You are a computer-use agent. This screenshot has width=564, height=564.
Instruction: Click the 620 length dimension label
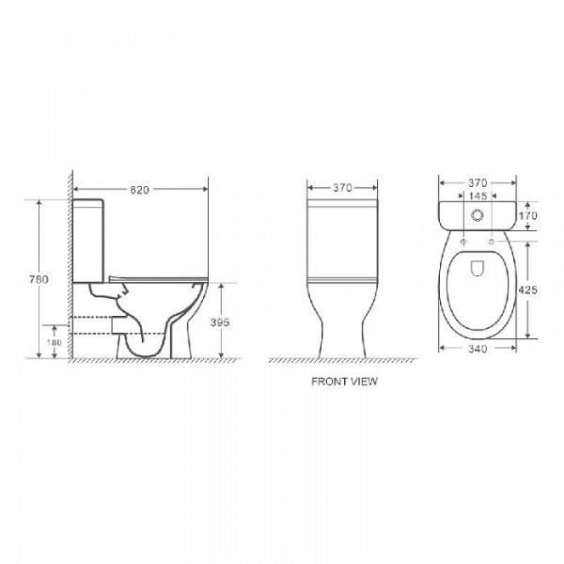click(x=139, y=190)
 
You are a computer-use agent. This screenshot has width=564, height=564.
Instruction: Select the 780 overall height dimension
click(x=39, y=279)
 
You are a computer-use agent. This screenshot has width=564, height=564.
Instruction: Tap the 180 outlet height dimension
click(x=54, y=342)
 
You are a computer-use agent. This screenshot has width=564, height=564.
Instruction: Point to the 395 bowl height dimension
click(x=220, y=322)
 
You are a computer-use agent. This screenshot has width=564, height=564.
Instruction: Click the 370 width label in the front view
click(x=342, y=188)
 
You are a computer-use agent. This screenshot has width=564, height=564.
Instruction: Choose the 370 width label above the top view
click(x=478, y=183)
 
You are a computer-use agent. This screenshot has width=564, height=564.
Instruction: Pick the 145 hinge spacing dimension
click(x=478, y=196)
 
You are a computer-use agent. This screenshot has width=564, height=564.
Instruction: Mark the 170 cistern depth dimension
click(x=528, y=216)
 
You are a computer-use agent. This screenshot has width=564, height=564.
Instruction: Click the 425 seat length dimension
click(x=528, y=290)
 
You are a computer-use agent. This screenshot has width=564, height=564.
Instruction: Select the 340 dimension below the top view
click(x=478, y=349)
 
